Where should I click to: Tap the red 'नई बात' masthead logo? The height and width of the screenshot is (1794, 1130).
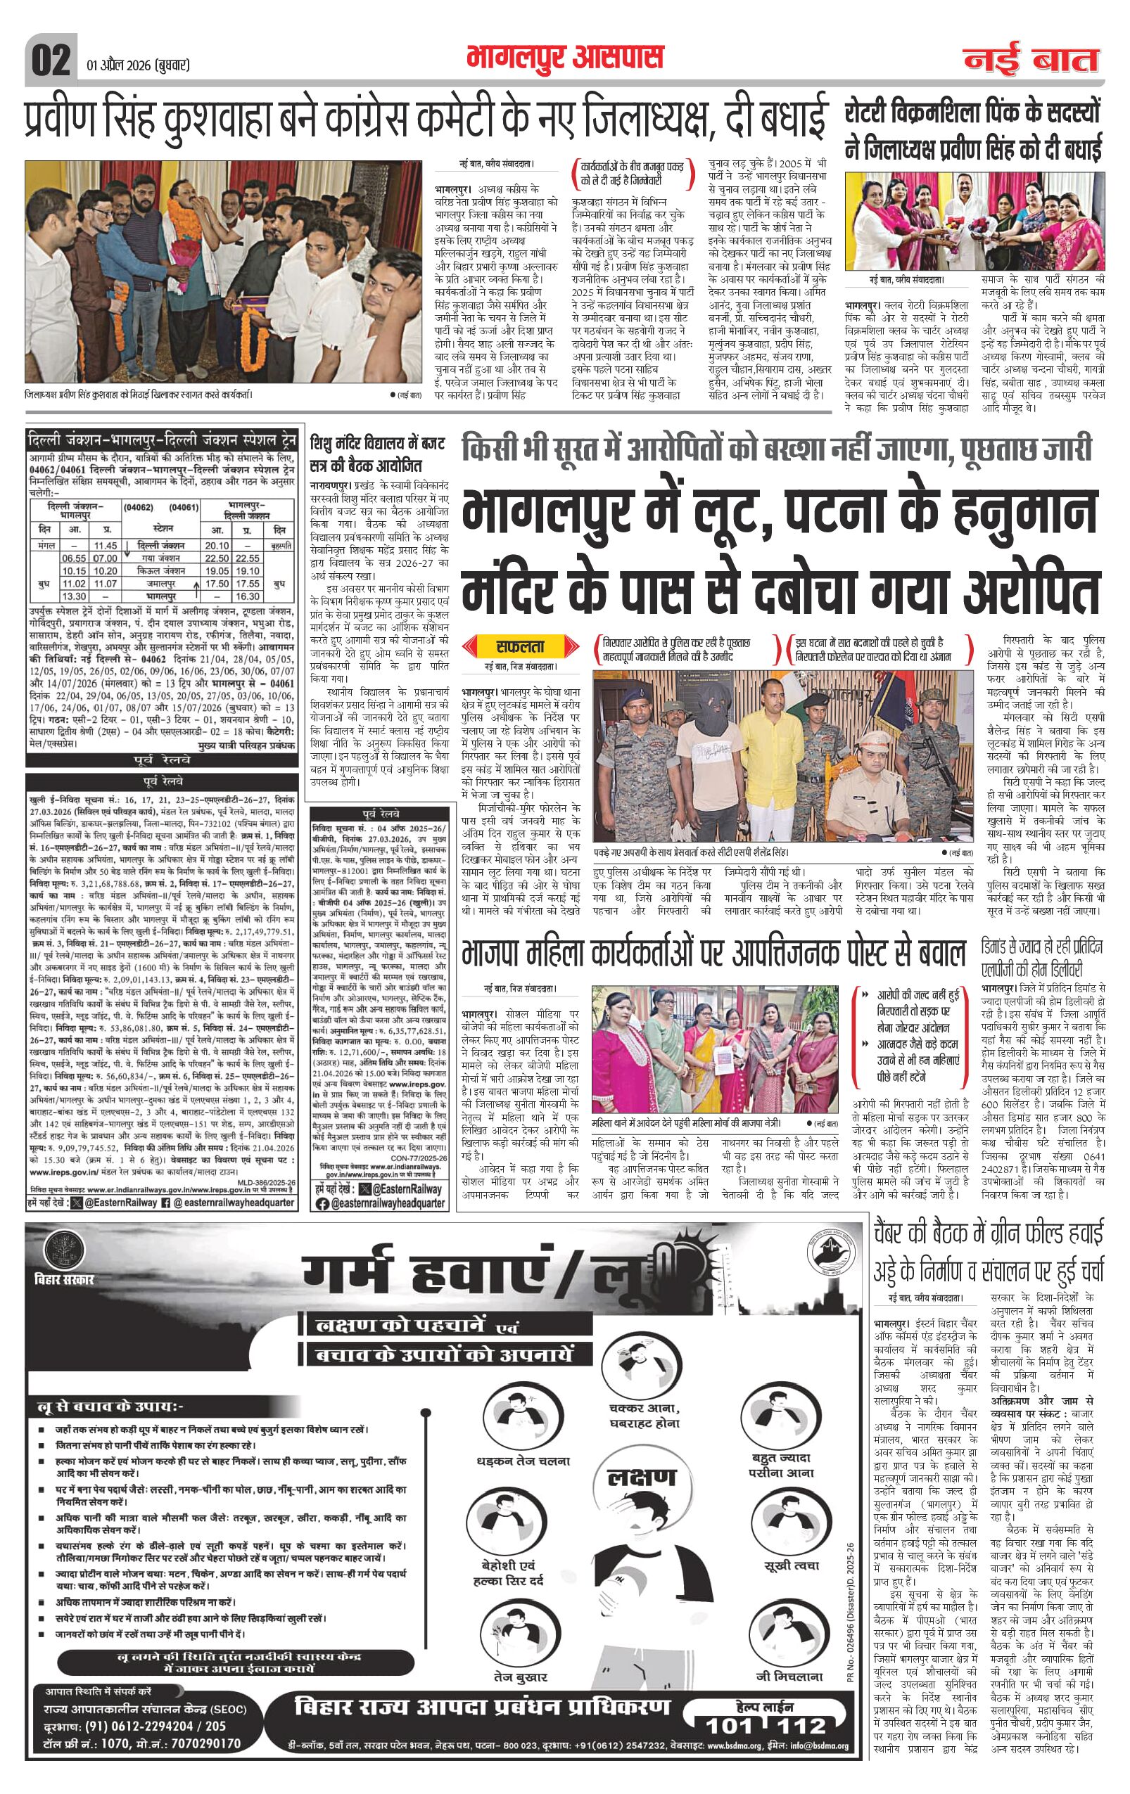click(1031, 60)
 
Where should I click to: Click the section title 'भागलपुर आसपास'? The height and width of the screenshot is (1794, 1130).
click(564, 58)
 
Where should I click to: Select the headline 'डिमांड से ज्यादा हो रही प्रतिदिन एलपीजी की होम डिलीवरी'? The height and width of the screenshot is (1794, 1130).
click(1041, 958)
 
